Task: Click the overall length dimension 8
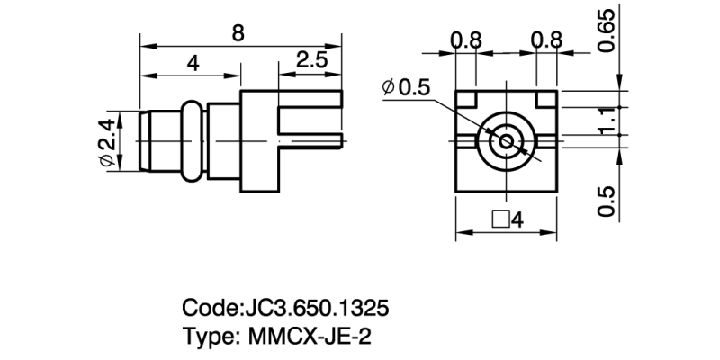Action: (x=238, y=32)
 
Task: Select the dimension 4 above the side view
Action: (x=192, y=63)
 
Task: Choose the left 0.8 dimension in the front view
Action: (x=466, y=40)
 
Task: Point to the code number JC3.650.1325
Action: (x=316, y=309)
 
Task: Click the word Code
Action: (x=210, y=309)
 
